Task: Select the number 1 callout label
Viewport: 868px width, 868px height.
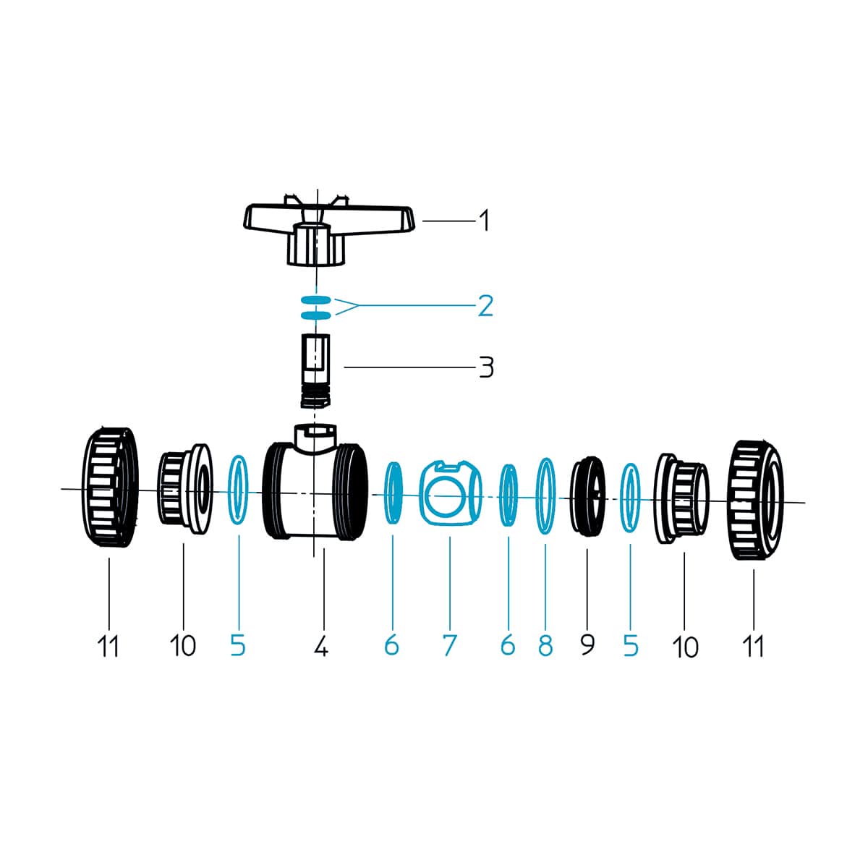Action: coord(484,221)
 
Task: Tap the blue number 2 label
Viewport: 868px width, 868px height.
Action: coord(485,306)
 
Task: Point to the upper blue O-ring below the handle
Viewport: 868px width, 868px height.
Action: coord(316,299)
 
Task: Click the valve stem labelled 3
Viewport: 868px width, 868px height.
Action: coord(316,371)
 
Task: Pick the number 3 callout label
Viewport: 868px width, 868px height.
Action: coord(485,367)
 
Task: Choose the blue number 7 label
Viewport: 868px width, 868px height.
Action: coord(449,645)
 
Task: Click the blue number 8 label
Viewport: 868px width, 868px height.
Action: coord(545,645)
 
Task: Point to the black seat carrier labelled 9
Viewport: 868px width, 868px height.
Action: coord(587,496)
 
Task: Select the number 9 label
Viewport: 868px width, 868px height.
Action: coord(587,645)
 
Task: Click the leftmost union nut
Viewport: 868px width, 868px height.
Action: coord(110,488)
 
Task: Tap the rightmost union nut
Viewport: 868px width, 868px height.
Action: coord(755,500)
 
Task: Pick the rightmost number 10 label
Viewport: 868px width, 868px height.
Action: coord(685,647)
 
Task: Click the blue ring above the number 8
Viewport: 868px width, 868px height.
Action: coord(545,496)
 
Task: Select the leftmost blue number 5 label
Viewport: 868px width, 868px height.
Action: coord(238,645)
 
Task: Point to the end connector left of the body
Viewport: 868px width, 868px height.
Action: coord(184,489)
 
